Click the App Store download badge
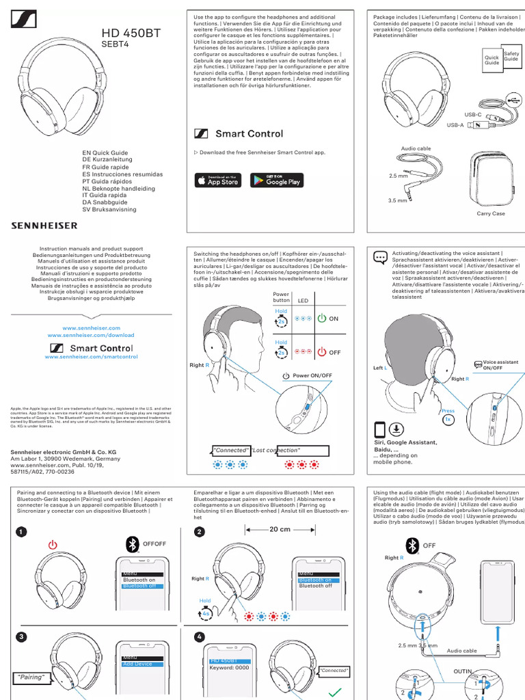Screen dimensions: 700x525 [x=217, y=180]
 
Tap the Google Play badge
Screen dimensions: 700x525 [x=275, y=180]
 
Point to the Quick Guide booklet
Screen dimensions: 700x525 [x=492, y=60]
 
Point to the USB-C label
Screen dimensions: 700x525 [x=473, y=114]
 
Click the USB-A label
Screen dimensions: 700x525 [x=455, y=125]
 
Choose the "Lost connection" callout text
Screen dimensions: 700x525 [x=275, y=450]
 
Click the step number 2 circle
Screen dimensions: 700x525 [x=200, y=533]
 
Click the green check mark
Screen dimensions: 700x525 [x=334, y=692]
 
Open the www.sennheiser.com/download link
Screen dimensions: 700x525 [x=91, y=336]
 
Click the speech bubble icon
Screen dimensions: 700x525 [x=380, y=257]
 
